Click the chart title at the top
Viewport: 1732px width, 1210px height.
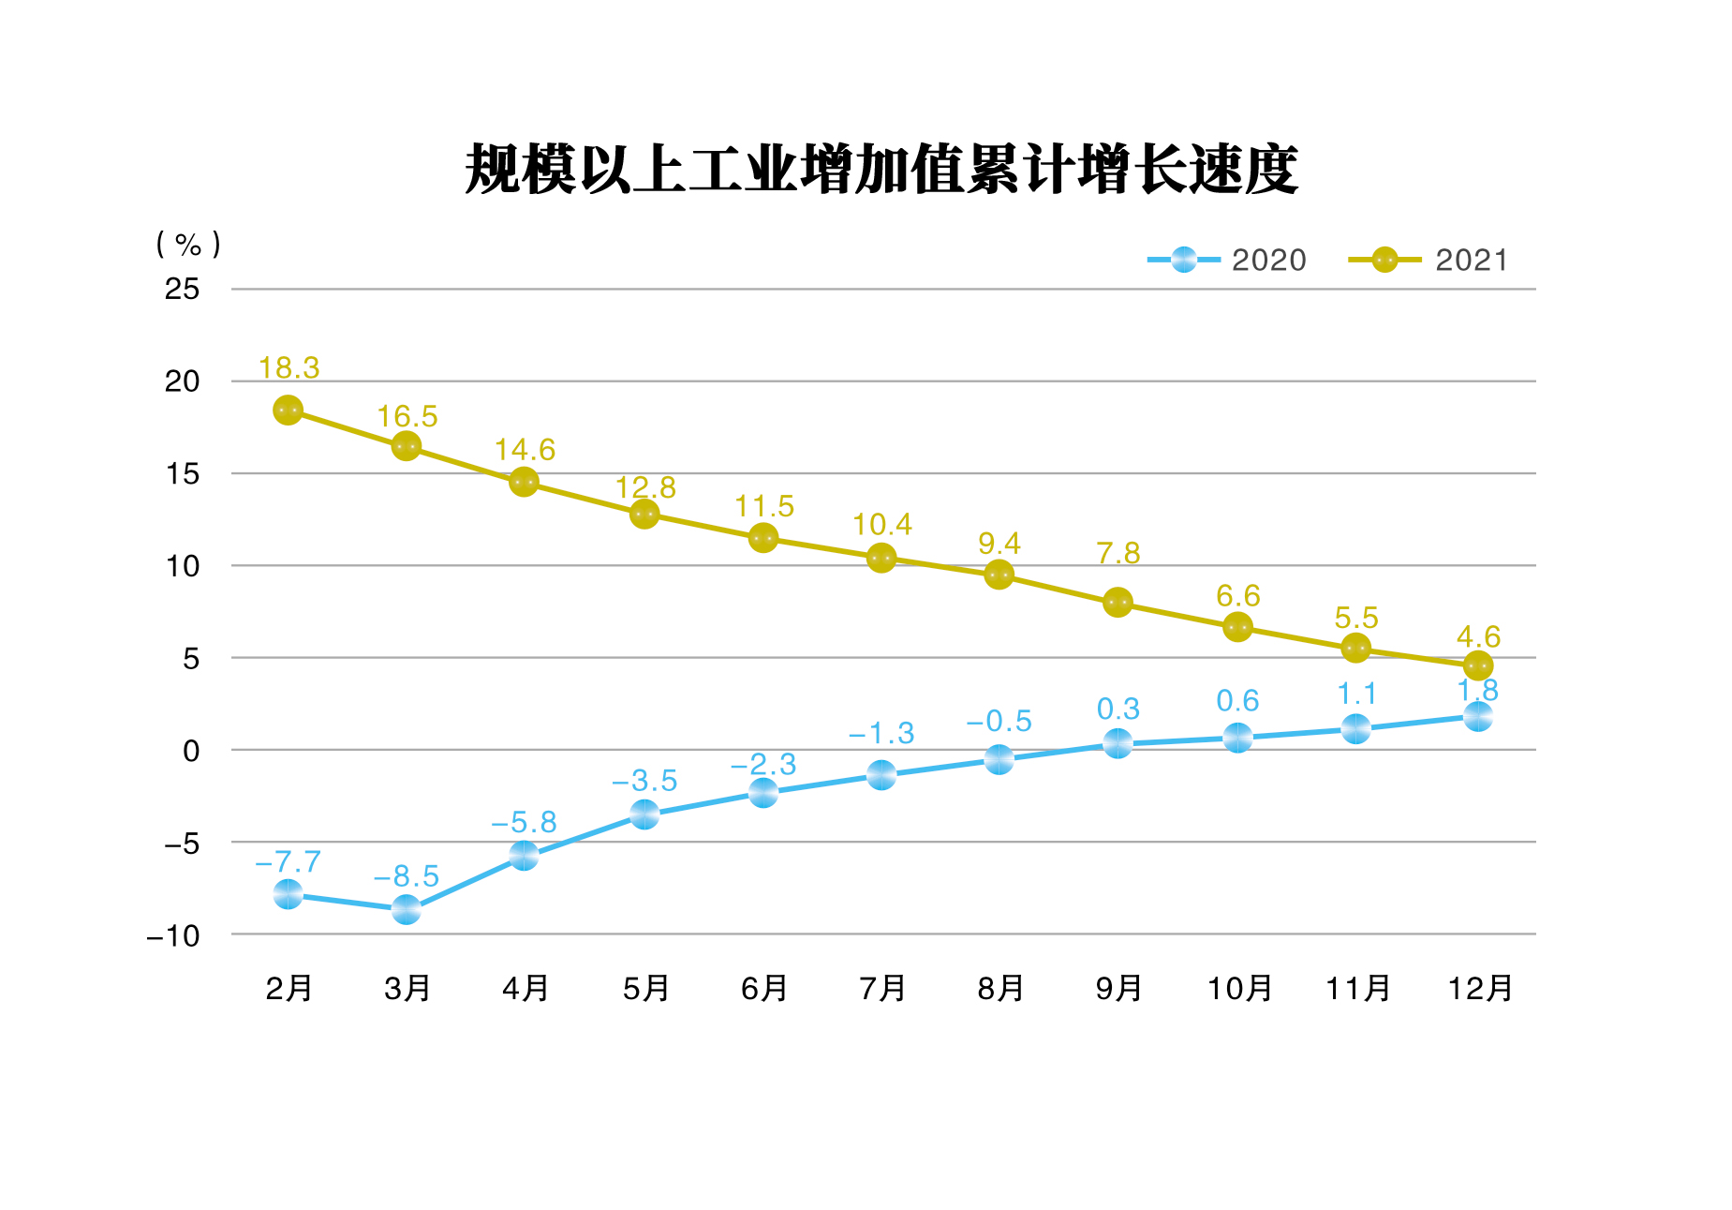(881, 170)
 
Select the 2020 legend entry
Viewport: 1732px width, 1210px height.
(1227, 260)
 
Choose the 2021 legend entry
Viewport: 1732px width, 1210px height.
(1429, 260)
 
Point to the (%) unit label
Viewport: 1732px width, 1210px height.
(188, 245)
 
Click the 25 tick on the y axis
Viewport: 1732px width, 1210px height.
(182, 290)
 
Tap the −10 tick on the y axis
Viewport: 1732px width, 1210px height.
(174, 935)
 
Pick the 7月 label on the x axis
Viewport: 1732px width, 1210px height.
(881, 988)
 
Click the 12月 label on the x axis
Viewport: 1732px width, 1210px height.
(1479, 988)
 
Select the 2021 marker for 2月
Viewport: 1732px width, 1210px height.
(288, 411)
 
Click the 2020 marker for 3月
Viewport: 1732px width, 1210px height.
(406, 908)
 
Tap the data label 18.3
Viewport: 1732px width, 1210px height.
(289, 368)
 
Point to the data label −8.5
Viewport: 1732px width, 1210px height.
(406, 876)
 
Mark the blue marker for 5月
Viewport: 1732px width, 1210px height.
(644, 814)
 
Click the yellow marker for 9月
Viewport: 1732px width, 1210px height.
(1118, 603)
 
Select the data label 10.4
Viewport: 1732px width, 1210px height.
(881, 524)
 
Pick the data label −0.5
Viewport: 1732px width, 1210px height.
(999, 721)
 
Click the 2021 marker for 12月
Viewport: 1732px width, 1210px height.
(1477, 665)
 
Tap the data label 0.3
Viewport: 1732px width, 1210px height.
(1118, 709)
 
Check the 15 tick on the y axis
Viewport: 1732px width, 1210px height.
(183, 474)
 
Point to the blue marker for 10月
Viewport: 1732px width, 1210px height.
(1237, 738)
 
